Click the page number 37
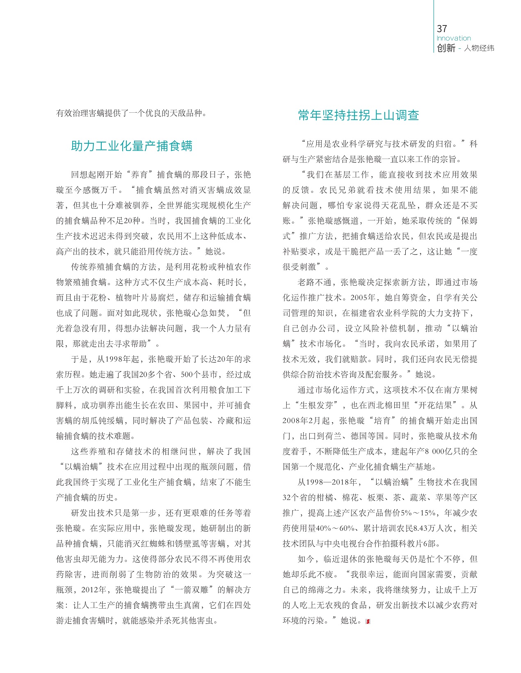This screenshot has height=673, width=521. [x=442, y=29]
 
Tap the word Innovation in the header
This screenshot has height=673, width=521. [x=454, y=38]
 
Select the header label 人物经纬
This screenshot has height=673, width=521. [x=479, y=48]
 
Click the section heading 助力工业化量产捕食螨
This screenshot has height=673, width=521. [x=132, y=146]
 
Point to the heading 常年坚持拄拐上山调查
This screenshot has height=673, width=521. [x=359, y=115]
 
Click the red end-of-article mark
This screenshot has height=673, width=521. [x=368, y=621]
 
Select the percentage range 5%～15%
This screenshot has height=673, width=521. [x=418, y=513]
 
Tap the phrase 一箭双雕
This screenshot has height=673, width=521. [x=192, y=590]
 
